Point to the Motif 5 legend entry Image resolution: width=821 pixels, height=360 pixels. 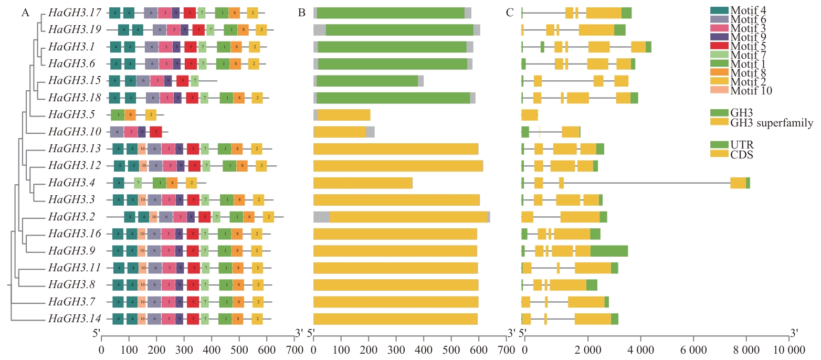coord(743,45)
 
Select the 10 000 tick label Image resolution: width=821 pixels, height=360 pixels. coord(790,350)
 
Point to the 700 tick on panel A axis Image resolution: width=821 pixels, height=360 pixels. coord(294,350)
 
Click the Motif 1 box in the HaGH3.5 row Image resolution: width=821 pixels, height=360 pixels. coord(117,115)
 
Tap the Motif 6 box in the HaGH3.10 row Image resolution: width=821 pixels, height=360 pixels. coord(117,132)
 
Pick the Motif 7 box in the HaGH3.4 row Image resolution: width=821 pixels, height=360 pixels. coord(138,183)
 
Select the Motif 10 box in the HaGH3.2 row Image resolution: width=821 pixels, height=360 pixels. coord(153,217)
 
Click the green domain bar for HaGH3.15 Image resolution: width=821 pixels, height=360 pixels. coord(367,81)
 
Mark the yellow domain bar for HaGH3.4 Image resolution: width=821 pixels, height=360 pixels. coord(363,183)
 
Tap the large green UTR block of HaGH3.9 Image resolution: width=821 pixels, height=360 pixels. coord(609,251)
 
